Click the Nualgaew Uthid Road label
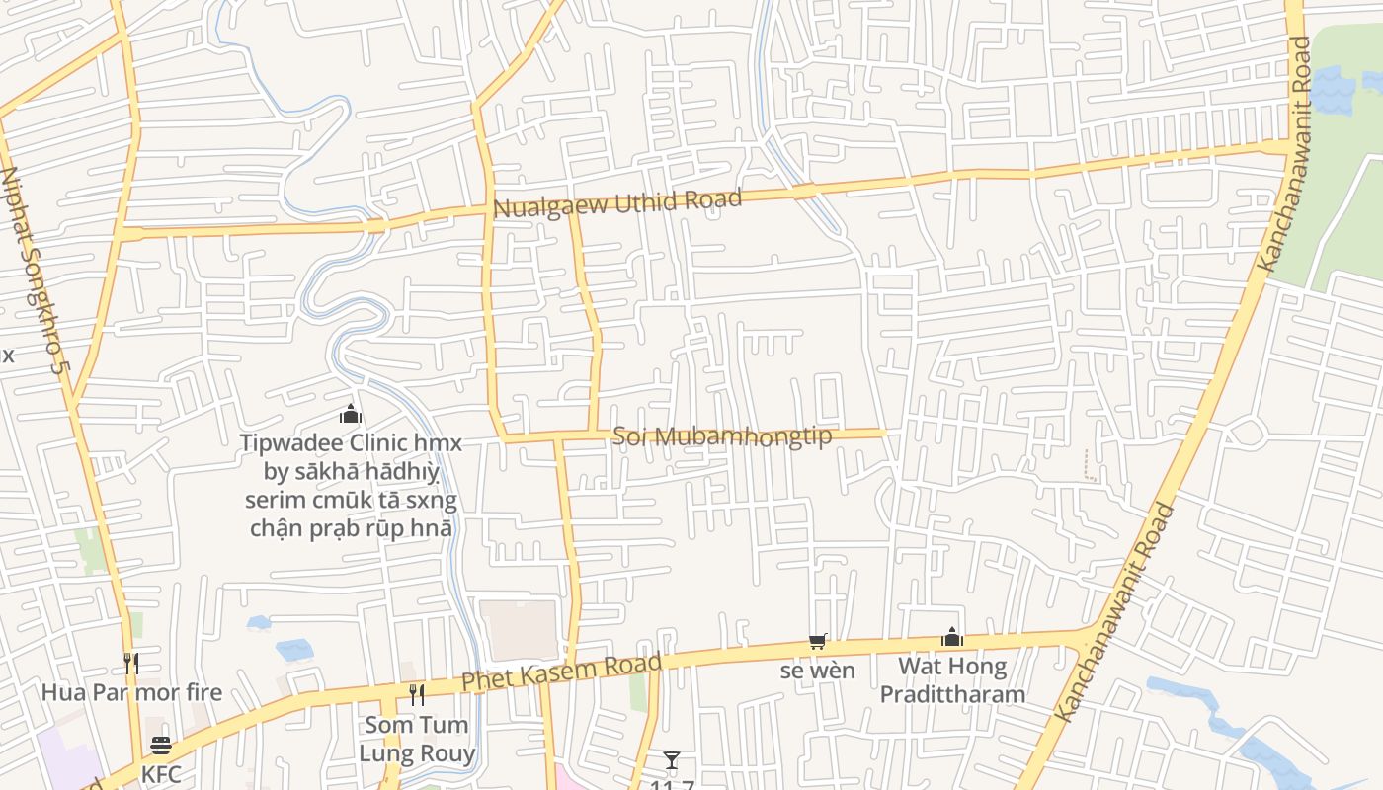pyautogui.click(x=616, y=203)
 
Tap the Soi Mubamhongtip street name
pyautogui.click(x=722, y=435)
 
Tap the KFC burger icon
pyautogui.click(x=161, y=746)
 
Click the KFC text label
pyautogui.click(x=161, y=774)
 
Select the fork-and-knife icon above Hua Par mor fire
pyautogui.click(x=130, y=663)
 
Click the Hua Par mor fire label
pyautogui.click(x=131, y=691)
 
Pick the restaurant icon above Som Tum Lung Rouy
pyautogui.click(x=417, y=695)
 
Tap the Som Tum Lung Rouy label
pyautogui.click(x=417, y=739)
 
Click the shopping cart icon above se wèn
pyautogui.click(x=817, y=642)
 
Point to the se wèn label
pyautogui.click(x=817, y=671)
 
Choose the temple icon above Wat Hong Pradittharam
pyautogui.click(x=952, y=637)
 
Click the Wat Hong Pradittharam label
pyautogui.click(x=952, y=679)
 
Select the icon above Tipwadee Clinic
pyautogui.click(x=351, y=415)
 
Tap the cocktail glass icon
pyautogui.click(x=672, y=759)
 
